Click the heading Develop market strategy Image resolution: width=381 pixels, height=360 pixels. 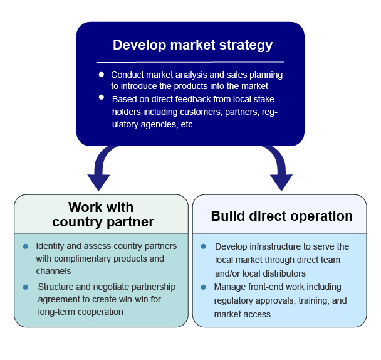click(192, 45)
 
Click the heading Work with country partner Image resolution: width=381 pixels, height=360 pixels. click(102, 214)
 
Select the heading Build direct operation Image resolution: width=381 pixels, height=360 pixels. click(281, 216)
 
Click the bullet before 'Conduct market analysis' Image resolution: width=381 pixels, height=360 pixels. click(102, 75)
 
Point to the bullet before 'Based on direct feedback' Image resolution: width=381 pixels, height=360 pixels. click(102, 97)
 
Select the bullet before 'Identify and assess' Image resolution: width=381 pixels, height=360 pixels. click(26, 246)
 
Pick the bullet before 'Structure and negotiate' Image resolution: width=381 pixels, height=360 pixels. click(26, 287)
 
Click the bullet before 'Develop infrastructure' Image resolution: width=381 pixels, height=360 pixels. click(203, 246)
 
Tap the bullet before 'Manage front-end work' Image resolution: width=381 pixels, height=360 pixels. click(203, 287)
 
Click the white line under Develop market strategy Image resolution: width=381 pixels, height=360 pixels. click(190, 62)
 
